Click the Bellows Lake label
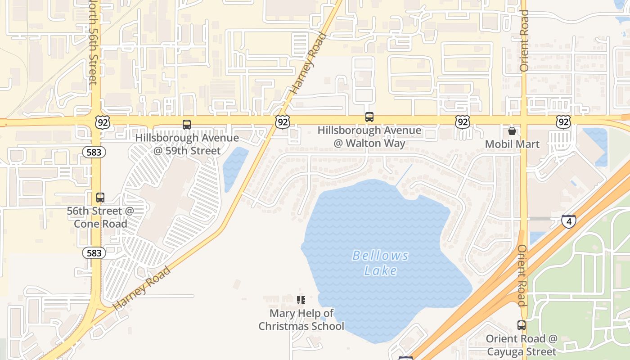click(x=380, y=263)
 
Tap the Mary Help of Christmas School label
click(x=301, y=319)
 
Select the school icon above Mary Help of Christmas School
click(x=301, y=300)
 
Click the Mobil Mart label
click(x=512, y=144)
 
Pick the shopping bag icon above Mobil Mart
click(x=512, y=131)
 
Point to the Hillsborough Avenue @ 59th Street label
click(x=187, y=144)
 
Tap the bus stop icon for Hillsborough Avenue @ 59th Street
click(x=187, y=125)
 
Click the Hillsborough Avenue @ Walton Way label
click(x=369, y=137)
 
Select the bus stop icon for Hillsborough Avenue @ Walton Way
click(x=369, y=117)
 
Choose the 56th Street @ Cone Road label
click(x=100, y=217)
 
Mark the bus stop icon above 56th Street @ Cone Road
click(x=100, y=198)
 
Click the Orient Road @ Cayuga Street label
click(x=522, y=345)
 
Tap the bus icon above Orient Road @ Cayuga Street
click(x=522, y=325)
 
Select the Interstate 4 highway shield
click(x=569, y=221)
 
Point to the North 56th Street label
click(x=93, y=43)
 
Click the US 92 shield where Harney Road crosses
click(x=283, y=121)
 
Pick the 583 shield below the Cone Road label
click(x=94, y=253)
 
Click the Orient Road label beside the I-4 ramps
click(x=522, y=275)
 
